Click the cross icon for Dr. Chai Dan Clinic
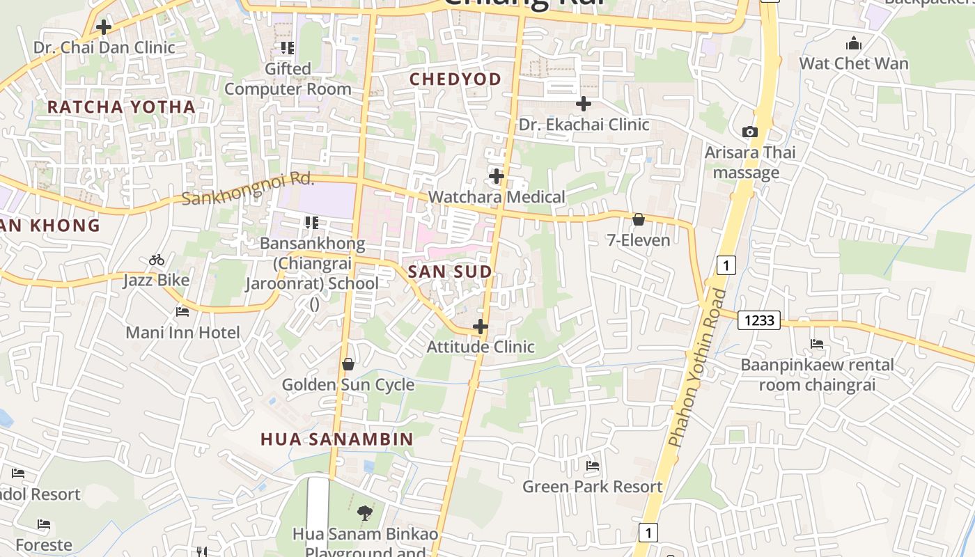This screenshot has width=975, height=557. [104, 27]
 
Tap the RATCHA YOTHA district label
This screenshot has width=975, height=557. [121, 107]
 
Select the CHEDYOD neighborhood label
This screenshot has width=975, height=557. [455, 79]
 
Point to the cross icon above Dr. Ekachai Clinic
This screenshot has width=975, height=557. [584, 104]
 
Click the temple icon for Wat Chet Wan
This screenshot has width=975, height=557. [854, 44]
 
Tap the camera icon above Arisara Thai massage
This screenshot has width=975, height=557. [750, 132]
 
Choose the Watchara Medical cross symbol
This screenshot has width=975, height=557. [497, 176]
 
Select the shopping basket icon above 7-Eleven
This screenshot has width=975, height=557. [638, 220]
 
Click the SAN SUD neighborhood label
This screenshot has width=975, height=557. [450, 272]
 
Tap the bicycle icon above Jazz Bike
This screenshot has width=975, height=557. [157, 260]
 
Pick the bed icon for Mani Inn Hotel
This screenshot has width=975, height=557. [182, 312]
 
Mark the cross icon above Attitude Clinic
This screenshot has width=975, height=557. [480, 326]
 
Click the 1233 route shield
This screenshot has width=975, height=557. [758, 320]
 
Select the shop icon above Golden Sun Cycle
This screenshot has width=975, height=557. [348, 364]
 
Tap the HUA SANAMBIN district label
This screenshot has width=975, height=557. [337, 439]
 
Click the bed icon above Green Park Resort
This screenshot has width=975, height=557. [593, 466]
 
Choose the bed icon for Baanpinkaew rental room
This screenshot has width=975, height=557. [817, 344]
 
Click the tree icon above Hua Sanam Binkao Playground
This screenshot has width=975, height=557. [364, 514]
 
